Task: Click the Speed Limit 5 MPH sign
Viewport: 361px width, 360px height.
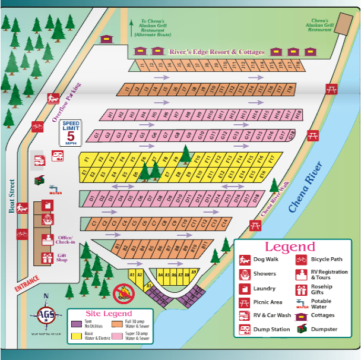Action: coord(71,133)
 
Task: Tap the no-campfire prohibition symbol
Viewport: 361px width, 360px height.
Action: coord(123,292)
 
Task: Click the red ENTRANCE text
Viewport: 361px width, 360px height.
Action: coord(27,282)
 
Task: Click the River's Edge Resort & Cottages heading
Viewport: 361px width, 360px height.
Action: coord(217,52)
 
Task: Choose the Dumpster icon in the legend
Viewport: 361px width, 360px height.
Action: coord(301,329)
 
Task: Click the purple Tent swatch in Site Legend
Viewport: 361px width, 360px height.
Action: coord(76,324)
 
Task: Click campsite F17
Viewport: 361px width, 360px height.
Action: coord(271,159)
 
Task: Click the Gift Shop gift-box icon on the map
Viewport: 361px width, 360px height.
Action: coord(47,258)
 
